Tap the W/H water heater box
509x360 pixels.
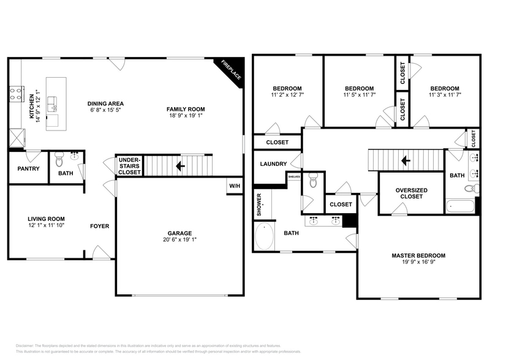234,186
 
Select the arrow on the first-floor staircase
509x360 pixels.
179,165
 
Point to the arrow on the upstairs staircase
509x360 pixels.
404,161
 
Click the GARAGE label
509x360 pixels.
180,233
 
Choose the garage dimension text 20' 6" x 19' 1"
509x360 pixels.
180,240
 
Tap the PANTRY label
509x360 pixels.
28,168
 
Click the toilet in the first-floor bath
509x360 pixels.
59,162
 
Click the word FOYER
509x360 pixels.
100,226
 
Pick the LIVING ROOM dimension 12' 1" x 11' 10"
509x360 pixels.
46,226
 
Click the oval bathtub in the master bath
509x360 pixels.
265,236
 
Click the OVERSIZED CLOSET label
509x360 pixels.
411,193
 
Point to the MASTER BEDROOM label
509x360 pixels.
418,255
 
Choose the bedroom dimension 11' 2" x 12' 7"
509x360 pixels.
288,96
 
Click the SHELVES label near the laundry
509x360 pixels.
294,177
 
